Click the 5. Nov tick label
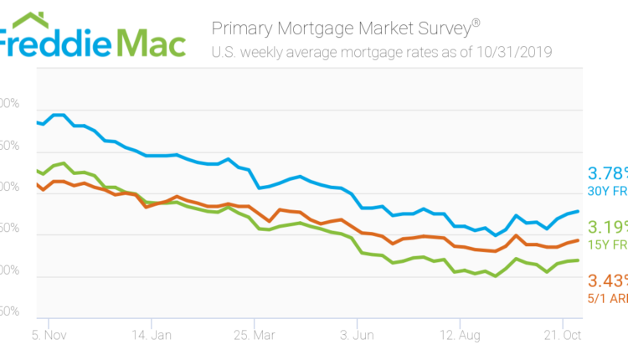point(49,336)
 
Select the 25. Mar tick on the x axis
point(255,336)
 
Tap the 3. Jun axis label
point(357,336)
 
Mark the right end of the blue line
point(578,211)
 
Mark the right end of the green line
point(578,260)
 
